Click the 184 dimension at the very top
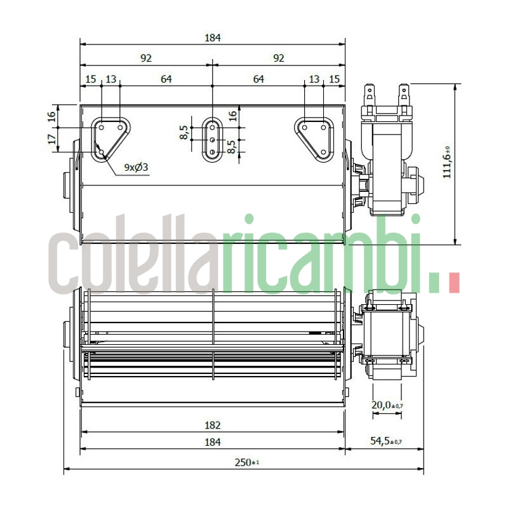tap(212, 38)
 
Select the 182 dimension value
tap(212, 425)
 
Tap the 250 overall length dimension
tap(246, 463)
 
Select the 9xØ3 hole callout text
tap(136, 167)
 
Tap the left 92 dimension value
tap(146, 58)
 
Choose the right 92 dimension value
tap(278, 58)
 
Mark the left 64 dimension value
tap(166, 79)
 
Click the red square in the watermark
tap(453, 283)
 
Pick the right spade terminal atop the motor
tap(402, 96)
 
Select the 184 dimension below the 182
tap(212, 441)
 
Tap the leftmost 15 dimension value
tap(91, 79)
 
